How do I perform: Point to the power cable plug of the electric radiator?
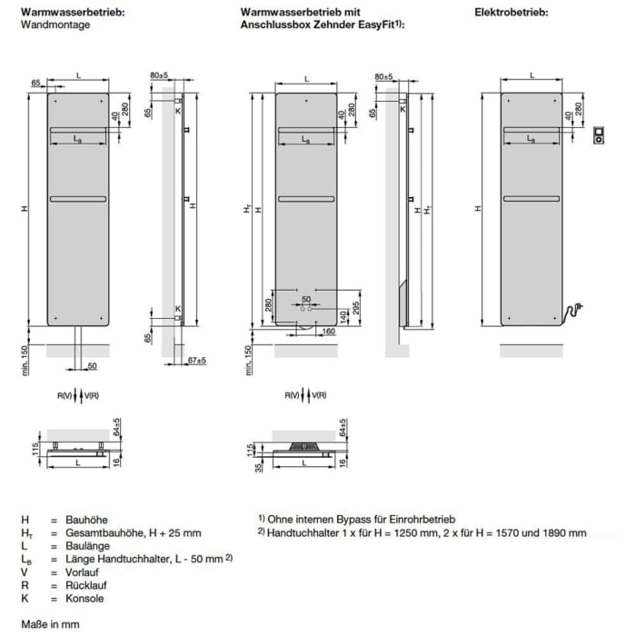coord(577,311)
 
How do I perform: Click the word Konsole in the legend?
coord(84,599)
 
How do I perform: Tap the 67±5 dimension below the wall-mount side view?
coord(196,361)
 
